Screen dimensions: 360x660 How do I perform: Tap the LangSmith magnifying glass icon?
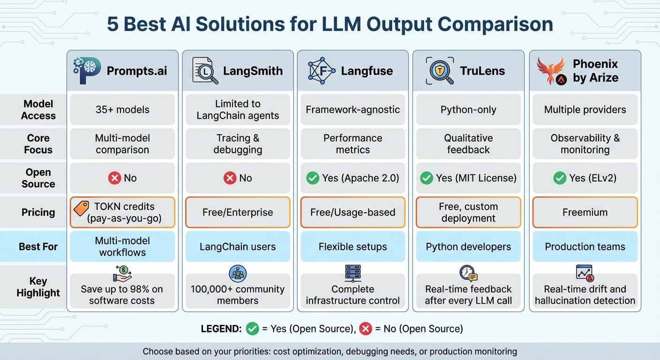point(205,71)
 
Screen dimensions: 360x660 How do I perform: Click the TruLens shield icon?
point(440,71)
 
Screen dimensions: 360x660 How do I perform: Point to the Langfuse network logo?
point(322,71)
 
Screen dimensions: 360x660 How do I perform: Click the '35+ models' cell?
point(122,110)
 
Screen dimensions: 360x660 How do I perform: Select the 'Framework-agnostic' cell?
point(352,110)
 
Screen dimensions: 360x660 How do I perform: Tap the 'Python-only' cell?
point(468,110)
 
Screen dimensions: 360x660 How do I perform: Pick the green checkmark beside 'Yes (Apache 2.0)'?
point(312,178)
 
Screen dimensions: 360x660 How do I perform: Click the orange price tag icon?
point(81,208)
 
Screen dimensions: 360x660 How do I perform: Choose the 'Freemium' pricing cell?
point(585,212)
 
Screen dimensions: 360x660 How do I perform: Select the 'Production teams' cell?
point(585,247)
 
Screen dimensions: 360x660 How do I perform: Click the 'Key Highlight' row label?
point(38,287)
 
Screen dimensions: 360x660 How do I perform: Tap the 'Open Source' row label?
point(38,178)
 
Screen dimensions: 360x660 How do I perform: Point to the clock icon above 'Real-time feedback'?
point(468,273)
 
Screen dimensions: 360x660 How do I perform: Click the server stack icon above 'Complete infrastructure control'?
point(352,273)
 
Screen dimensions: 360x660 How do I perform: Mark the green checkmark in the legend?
point(252,329)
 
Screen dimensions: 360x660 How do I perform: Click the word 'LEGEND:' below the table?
point(221,329)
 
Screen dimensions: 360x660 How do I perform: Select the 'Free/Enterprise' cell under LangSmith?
point(238,212)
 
